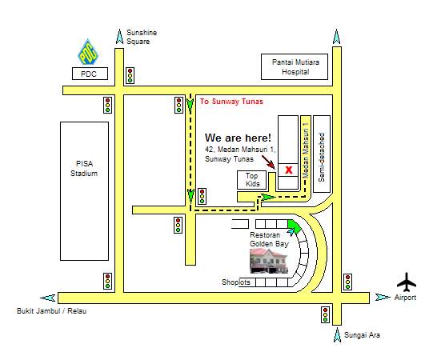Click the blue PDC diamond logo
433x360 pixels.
88,52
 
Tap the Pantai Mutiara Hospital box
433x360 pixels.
295,67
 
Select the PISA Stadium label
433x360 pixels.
84,169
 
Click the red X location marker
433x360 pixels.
289,170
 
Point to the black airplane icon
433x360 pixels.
407,282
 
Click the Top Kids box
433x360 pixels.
252,180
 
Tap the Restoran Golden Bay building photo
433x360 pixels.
269,261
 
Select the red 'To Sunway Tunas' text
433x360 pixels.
231,102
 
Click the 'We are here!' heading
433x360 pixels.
238,138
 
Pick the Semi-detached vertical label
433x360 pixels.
322,158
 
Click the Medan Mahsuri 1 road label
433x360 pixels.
306,150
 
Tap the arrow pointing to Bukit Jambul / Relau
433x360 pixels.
48,298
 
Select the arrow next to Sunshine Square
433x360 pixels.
119,37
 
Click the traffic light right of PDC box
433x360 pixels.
130,75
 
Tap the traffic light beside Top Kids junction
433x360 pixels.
202,196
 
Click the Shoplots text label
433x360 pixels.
236,282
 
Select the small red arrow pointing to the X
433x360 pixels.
268,162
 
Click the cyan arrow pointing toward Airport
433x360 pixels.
383,297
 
